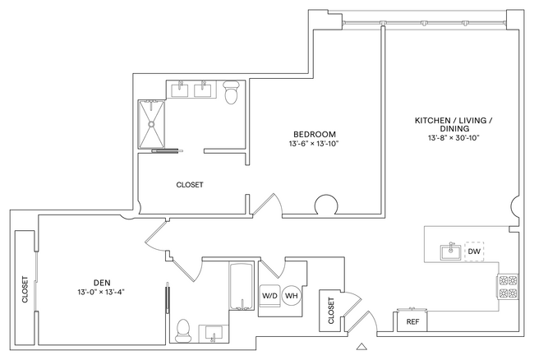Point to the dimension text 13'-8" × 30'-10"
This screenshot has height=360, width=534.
click(453, 138)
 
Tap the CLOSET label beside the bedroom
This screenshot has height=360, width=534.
click(189, 185)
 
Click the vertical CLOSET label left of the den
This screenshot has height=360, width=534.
click(25, 290)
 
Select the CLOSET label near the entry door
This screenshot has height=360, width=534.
click(331, 313)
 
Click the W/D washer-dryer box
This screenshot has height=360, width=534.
click(269, 296)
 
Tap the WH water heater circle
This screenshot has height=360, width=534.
click(292, 296)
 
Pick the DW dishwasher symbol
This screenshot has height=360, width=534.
click(473, 252)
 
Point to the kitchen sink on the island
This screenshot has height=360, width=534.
click(449, 252)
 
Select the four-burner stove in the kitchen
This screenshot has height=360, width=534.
click(507, 285)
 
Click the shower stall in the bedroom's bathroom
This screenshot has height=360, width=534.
click(153, 122)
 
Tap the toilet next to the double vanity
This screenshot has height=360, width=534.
click(232, 95)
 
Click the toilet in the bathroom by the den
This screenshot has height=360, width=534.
click(183, 329)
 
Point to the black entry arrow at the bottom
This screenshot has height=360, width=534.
click(359, 347)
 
